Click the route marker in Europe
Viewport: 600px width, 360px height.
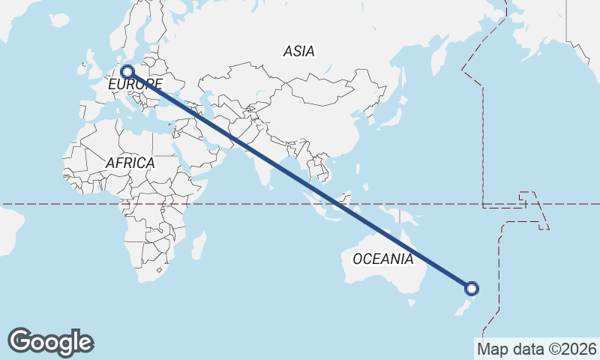click(x=127, y=72)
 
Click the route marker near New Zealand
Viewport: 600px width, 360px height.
click(x=472, y=287)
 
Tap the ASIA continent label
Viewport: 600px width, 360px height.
click(x=298, y=52)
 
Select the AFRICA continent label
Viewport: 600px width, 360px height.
click(x=130, y=163)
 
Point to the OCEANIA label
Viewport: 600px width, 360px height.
click(x=382, y=259)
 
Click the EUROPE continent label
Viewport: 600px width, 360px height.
click(x=135, y=85)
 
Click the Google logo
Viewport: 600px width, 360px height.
click(x=50, y=341)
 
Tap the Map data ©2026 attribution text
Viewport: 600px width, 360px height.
click(x=537, y=349)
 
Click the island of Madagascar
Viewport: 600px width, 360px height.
click(x=198, y=244)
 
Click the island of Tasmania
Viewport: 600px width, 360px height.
click(x=410, y=302)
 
